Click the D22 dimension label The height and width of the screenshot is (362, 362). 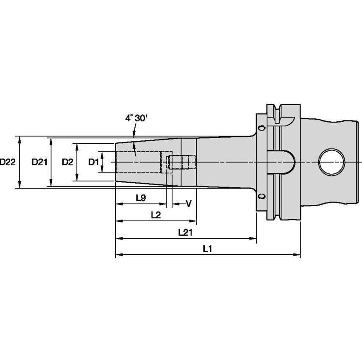pyautogui.click(x=7, y=162)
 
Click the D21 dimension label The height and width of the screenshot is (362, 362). pyautogui.click(x=40, y=162)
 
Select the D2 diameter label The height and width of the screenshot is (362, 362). pyautogui.click(x=67, y=162)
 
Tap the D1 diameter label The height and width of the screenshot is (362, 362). pyautogui.click(x=93, y=162)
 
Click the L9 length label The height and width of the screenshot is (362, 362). pyautogui.click(x=141, y=198)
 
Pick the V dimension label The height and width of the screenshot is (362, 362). pyautogui.click(x=189, y=204)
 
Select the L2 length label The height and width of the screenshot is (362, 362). pyautogui.click(x=156, y=215)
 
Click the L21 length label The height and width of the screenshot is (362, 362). pyautogui.click(x=186, y=232)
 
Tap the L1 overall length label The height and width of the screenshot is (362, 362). pyautogui.click(x=207, y=249)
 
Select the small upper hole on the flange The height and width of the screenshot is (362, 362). pyautogui.click(x=262, y=128)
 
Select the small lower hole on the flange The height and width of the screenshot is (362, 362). pyautogui.click(x=262, y=196)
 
